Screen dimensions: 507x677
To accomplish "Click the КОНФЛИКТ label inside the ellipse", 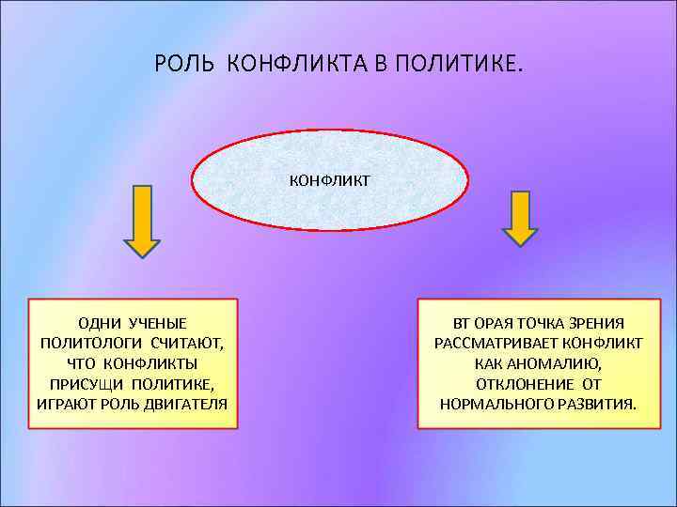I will click(328, 177).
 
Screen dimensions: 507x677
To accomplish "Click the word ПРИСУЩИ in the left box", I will click(89, 384).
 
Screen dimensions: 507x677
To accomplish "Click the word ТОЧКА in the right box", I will click(530, 323).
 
